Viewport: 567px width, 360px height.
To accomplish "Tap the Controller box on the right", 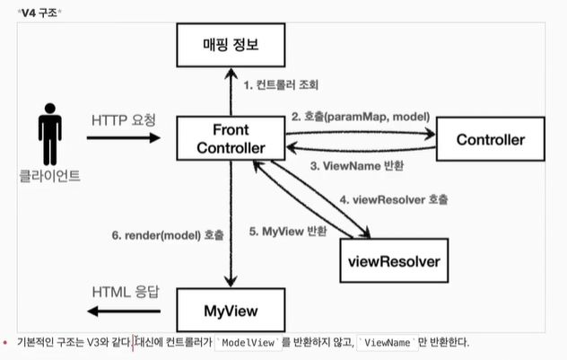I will (490, 139).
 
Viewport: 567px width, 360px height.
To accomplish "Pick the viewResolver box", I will (393, 261).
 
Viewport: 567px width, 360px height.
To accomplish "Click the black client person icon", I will (48, 135).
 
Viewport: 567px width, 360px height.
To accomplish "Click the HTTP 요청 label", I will (123, 119).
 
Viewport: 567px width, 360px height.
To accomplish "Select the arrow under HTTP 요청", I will (123, 138).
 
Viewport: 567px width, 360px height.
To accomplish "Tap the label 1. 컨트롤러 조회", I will (281, 85).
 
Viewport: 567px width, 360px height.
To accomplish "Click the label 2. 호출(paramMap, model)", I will (359, 117).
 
